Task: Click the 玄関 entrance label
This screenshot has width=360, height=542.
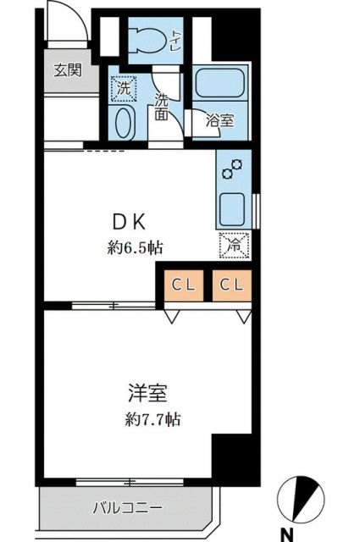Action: [x=68, y=71]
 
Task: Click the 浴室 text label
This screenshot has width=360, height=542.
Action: [x=220, y=121]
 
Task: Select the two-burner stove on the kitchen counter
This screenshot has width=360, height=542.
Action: [x=231, y=169]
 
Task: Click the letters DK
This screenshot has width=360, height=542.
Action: [x=131, y=223]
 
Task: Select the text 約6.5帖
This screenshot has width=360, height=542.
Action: [x=135, y=248]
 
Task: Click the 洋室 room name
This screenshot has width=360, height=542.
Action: [x=147, y=394]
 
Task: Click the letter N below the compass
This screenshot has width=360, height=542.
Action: [x=289, y=534]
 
